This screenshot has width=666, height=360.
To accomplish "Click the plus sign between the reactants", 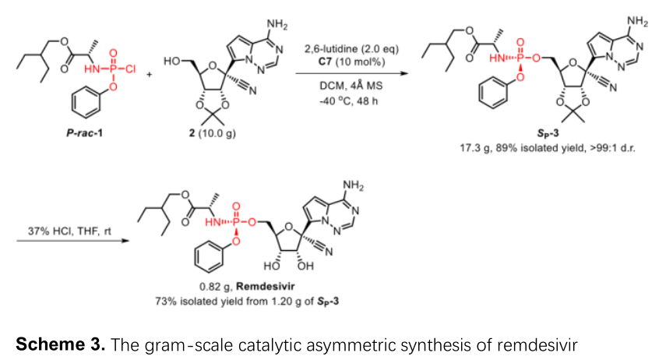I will coord(148,76).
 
